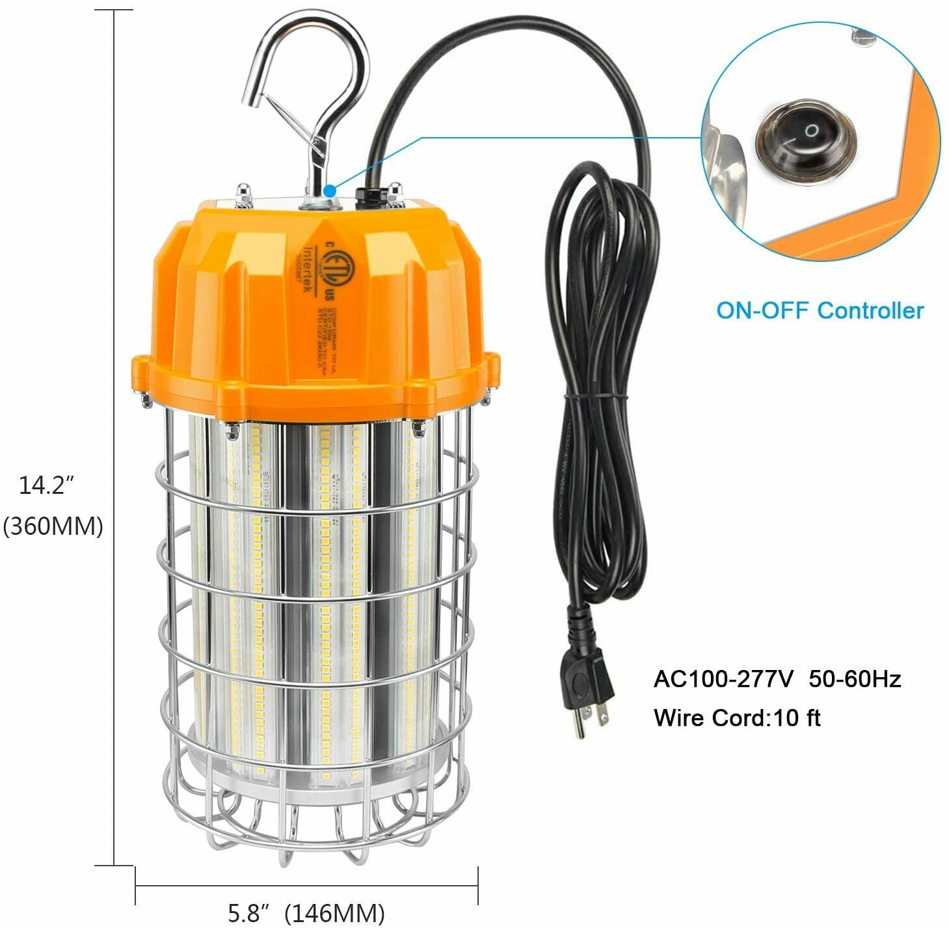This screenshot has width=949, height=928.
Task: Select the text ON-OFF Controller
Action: coord(820,310)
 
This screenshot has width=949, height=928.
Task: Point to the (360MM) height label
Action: coord(53,526)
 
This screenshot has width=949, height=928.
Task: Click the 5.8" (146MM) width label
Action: coord(306,912)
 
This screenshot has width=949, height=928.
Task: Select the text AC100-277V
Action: coord(723,679)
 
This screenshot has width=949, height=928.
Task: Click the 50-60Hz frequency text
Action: coord(855,679)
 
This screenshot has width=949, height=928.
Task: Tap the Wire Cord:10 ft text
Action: coord(737,718)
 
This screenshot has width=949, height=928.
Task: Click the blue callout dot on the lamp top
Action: coord(329,191)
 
